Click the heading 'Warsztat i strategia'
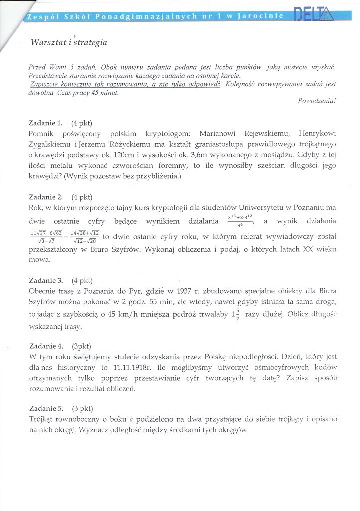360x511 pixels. [69, 42]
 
